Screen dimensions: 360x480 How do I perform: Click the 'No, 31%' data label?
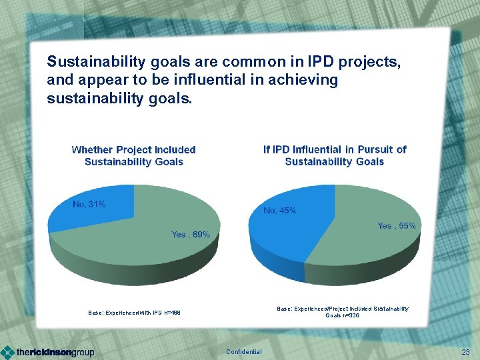point(89,204)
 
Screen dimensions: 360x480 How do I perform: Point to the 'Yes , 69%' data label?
point(190,235)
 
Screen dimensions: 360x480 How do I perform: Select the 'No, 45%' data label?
point(280,211)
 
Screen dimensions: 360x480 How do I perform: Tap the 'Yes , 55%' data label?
point(396,226)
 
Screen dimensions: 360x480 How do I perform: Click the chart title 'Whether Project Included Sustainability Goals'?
point(133,155)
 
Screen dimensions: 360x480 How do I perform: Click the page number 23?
point(465,351)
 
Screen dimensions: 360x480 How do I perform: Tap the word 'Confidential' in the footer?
point(244,352)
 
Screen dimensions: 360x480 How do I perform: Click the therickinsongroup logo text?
point(55,352)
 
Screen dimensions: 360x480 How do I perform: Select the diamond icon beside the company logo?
point(7,352)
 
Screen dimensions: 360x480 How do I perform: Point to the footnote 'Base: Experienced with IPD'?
point(134,312)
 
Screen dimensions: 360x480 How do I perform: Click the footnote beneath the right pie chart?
point(343,311)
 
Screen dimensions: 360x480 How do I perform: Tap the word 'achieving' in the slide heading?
point(309,81)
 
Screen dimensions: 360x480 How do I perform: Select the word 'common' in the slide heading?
point(248,62)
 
